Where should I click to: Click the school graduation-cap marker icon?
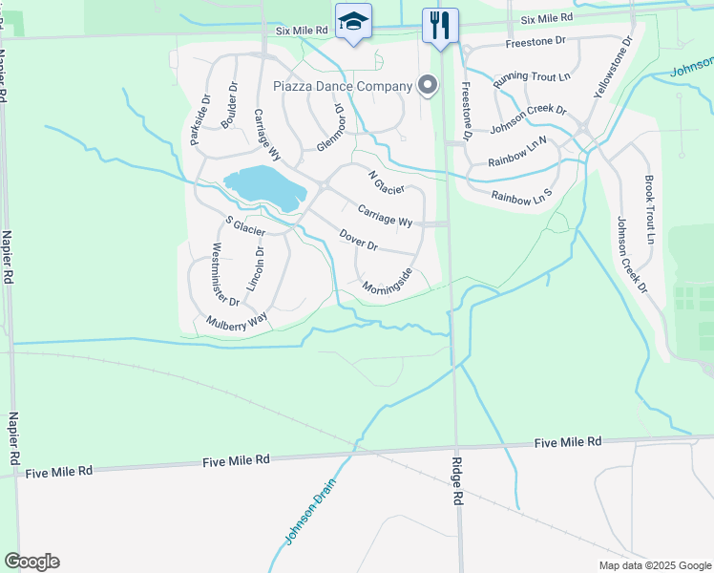pos(353,22)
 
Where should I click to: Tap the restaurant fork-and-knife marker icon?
pos(440,25)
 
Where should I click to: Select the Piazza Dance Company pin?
pos(428,86)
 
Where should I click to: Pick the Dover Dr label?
pos(359,240)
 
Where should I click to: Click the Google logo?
pos(31,562)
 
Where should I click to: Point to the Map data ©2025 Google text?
pos(654,565)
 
